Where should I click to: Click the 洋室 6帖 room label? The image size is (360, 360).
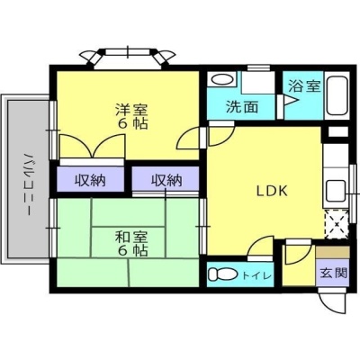point(131,116)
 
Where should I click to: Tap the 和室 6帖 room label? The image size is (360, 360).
point(131,244)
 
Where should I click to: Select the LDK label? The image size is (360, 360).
point(272,191)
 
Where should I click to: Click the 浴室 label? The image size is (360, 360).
point(304,86)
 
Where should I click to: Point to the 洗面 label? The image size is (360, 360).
point(242,107)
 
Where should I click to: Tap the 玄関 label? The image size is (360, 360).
point(333,273)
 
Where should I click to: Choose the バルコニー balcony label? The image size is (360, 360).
point(28,184)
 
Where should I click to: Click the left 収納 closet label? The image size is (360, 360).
point(90,180)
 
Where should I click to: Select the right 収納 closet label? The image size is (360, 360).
point(166,180)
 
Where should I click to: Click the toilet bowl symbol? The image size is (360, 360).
point(222,274)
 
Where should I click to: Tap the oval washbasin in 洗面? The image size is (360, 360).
point(222,80)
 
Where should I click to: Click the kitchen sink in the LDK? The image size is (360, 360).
point(336,192)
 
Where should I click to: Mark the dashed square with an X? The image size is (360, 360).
point(337,224)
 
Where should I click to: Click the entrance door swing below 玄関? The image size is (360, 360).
point(334,303)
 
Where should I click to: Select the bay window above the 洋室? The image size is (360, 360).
point(128,58)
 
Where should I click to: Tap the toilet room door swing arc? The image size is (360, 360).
point(260,247)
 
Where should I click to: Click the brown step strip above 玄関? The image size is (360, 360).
point(333,252)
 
